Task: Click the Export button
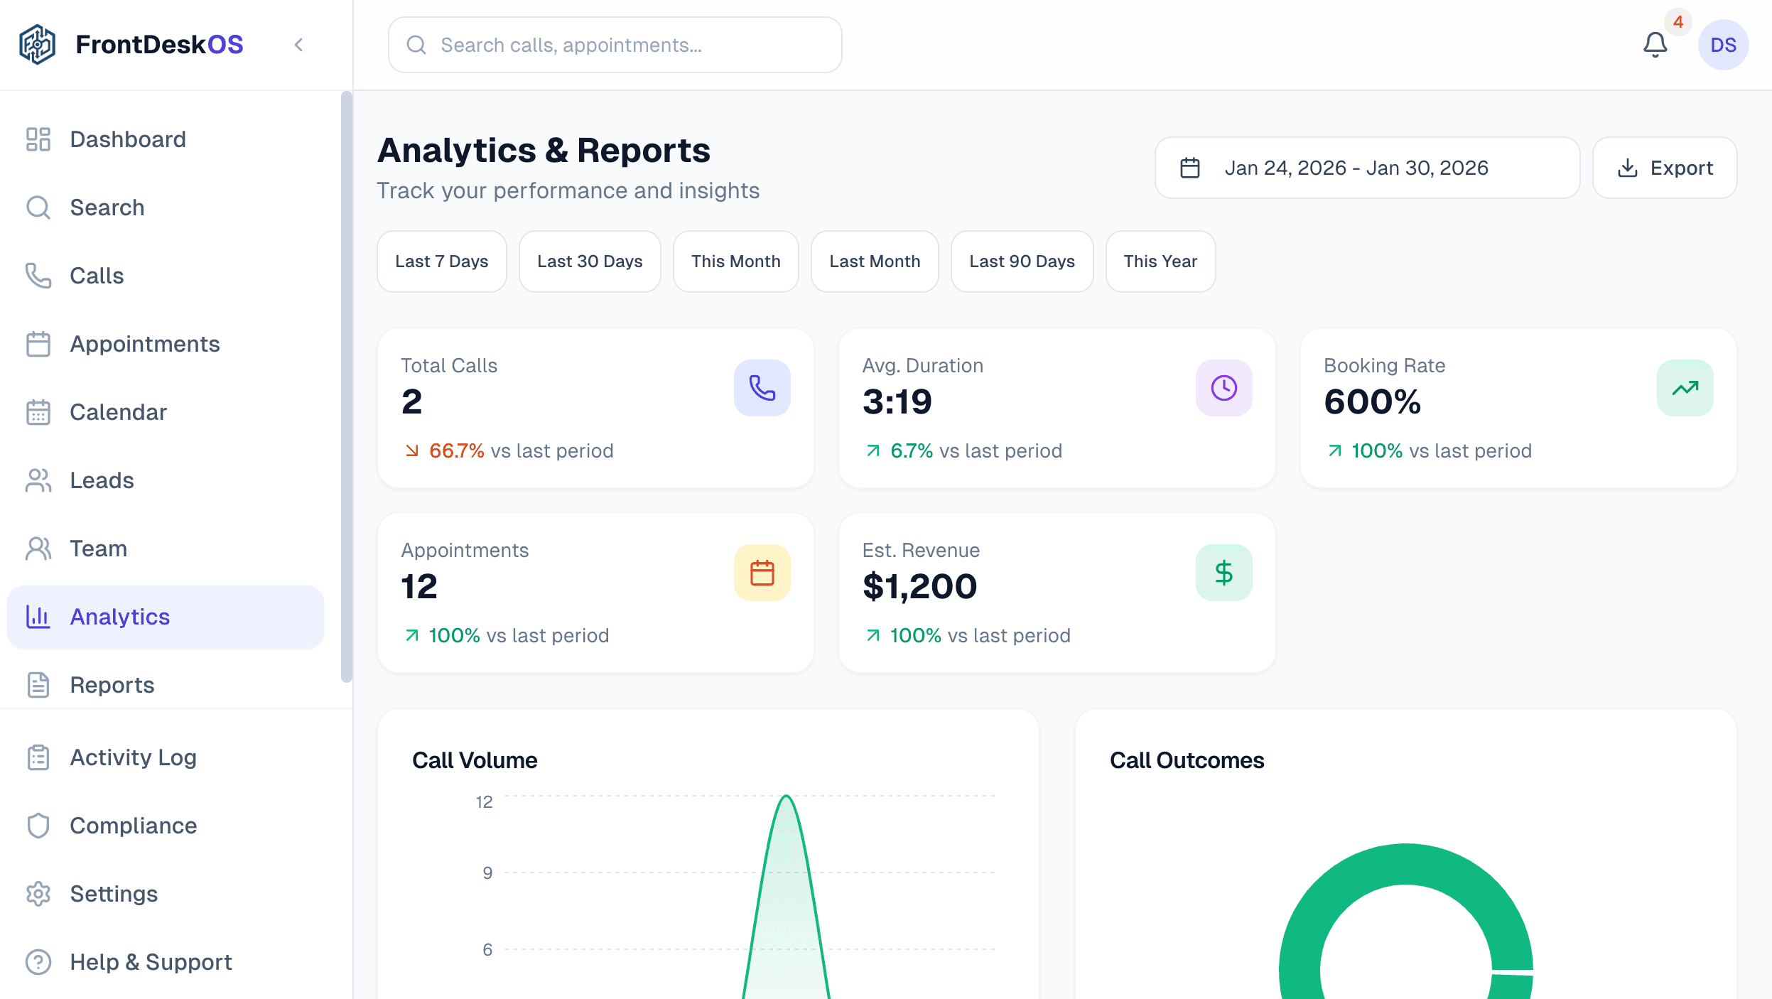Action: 1665,168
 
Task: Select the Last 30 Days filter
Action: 590,261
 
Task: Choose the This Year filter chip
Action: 1160,261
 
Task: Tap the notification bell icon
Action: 1655,45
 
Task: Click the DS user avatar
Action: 1723,45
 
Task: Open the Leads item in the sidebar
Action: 102,480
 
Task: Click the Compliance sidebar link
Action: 133,826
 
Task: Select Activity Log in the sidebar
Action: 133,757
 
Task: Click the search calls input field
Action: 615,45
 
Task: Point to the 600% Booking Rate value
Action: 1372,402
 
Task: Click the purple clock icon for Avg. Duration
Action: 1223,388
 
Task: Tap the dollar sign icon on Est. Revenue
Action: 1223,573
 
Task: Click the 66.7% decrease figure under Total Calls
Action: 456,451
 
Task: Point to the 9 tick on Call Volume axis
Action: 487,873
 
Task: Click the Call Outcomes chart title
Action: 1187,760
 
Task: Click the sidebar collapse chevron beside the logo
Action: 299,45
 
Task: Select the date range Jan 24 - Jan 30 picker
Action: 1366,168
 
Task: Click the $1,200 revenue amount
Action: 919,587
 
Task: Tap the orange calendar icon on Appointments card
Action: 762,573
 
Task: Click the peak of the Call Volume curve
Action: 787,796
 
